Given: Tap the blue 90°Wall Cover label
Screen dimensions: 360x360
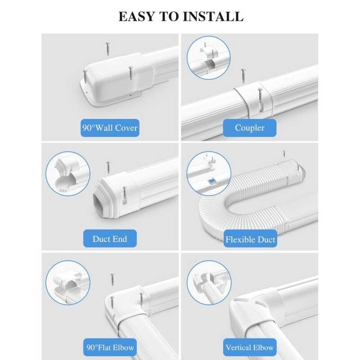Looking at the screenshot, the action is click(110, 128).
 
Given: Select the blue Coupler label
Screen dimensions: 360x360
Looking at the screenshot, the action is click(250, 128).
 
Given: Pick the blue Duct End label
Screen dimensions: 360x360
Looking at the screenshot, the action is click(110, 238).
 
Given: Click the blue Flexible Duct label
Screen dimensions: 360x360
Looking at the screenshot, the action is click(250, 239).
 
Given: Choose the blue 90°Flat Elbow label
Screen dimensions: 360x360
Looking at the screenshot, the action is click(110, 347).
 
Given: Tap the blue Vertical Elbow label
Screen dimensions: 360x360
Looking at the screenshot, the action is click(250, 347).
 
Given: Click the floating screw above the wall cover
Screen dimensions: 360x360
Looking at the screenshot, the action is click(108, 48).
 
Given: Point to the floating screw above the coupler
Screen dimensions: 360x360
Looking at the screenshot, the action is click(243, 75).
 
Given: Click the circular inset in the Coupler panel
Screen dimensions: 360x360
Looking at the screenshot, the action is click(208, 58).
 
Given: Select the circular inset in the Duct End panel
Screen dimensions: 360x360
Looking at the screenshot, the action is click(68, 174).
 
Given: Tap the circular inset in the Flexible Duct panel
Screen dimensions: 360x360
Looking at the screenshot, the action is click(209, 174).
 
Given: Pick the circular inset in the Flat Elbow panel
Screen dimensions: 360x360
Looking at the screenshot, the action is click(68, 283).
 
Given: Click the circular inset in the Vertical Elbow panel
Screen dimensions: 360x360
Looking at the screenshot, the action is click(209, 283).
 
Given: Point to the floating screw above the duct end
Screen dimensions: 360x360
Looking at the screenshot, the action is click(108, 167).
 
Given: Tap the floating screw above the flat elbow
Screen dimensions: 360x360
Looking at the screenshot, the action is click(112, 279).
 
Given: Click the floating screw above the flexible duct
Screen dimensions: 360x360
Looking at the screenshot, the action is click(284, 153).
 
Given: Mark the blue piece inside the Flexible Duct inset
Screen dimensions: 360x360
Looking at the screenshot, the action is click(211, 182).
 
